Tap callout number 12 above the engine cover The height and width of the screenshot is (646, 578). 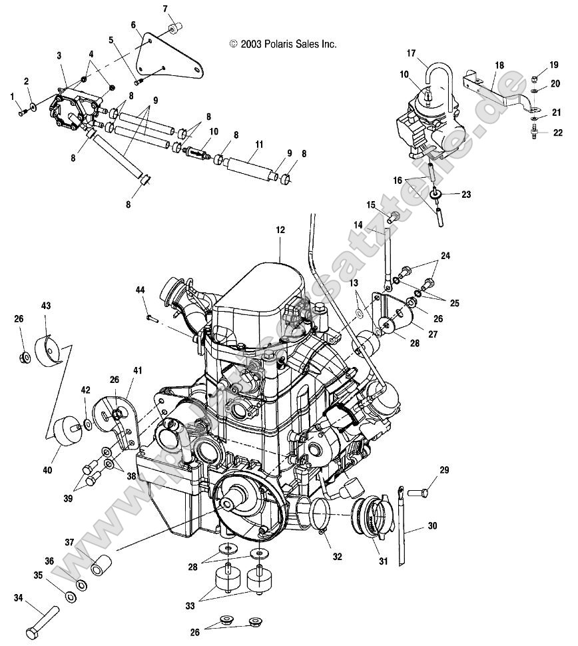(280, 230)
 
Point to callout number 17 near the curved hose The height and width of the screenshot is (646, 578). (411, 53)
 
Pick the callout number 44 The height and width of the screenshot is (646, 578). (141, 290)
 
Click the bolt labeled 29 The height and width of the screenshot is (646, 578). (418, 493)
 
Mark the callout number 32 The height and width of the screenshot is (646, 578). (338, 556)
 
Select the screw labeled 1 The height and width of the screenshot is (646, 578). (22, 113)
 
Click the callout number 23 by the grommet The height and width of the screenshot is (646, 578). (465, 194)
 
